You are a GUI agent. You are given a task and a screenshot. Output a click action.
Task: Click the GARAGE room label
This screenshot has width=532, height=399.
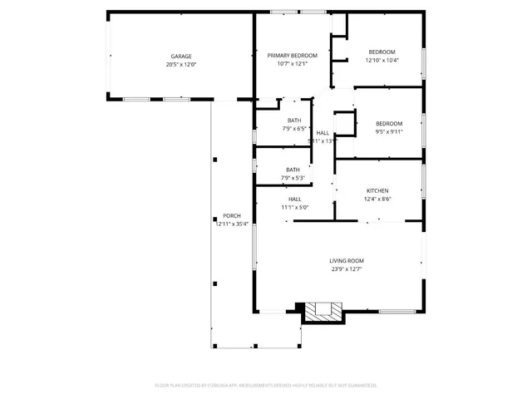[180, 56]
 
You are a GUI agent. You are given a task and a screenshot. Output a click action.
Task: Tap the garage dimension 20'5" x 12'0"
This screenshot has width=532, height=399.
[180, 64]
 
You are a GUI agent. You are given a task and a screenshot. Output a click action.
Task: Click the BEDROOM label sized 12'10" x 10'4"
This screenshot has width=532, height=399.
[382, 52]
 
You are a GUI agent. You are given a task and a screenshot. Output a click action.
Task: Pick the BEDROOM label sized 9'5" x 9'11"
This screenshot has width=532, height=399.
[388, 123]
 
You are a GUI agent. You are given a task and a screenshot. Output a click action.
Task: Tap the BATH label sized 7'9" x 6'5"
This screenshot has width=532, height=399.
[294, 121]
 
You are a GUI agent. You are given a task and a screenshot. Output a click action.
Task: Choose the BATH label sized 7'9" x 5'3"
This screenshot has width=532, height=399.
[293, 170]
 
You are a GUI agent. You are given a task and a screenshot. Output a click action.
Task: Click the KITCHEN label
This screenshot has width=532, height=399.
[378, 190]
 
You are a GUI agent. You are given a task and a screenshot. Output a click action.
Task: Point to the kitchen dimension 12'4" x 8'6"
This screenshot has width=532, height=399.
[378, 199]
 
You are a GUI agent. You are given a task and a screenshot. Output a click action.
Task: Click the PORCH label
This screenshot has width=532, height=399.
[231, 215]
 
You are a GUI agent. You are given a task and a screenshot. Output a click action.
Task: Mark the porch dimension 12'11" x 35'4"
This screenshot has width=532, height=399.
[231, 224]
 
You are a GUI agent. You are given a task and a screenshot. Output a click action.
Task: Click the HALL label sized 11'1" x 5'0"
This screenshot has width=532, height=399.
[295, 199]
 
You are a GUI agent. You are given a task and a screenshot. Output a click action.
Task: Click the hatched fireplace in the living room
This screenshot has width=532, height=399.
[323, 312]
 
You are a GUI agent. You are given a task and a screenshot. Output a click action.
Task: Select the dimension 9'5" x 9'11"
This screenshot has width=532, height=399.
[388, 131]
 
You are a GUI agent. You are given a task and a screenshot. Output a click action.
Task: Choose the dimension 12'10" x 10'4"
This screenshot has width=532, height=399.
[382, 60]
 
